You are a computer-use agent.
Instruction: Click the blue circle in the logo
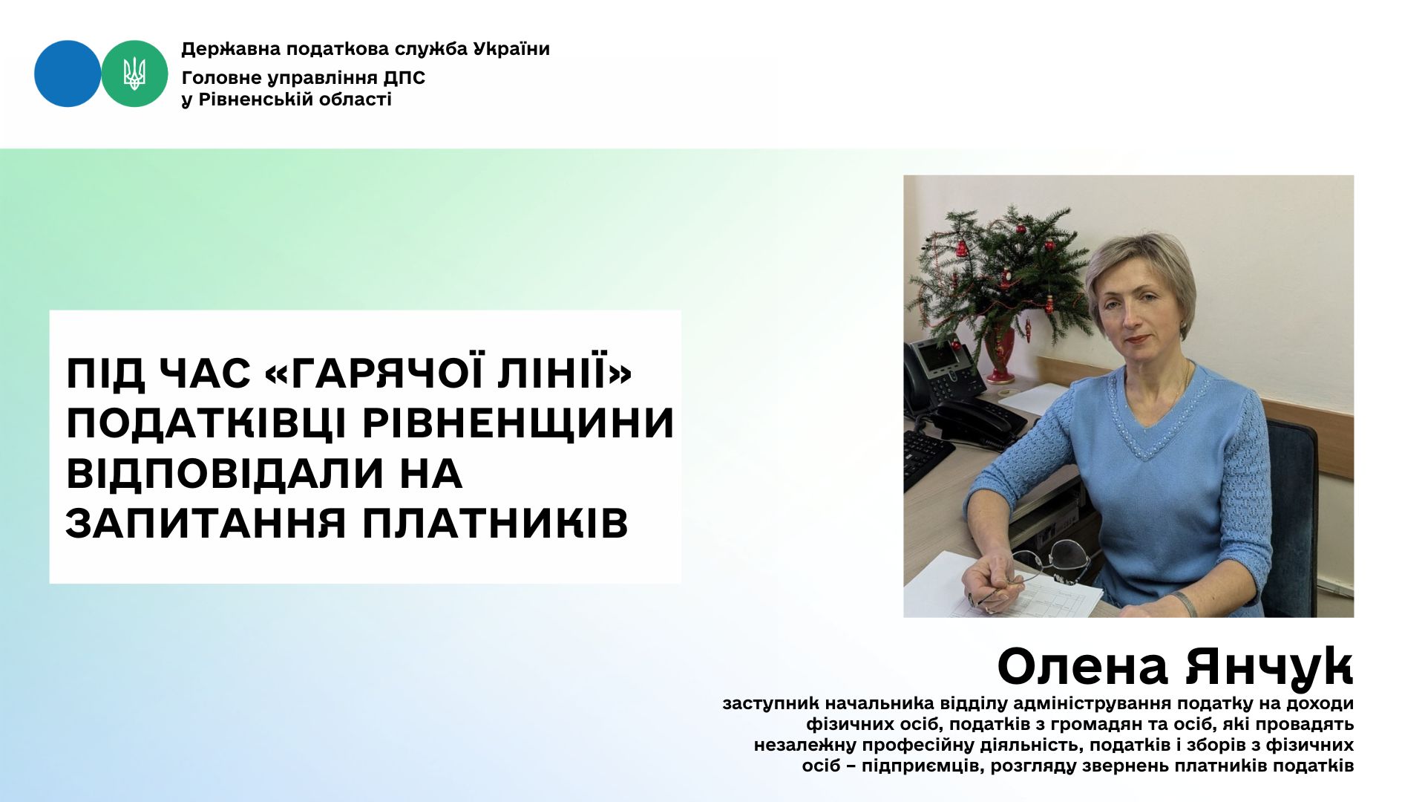[x=68, y=74]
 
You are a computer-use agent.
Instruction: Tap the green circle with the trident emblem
[x=134, y=74]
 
